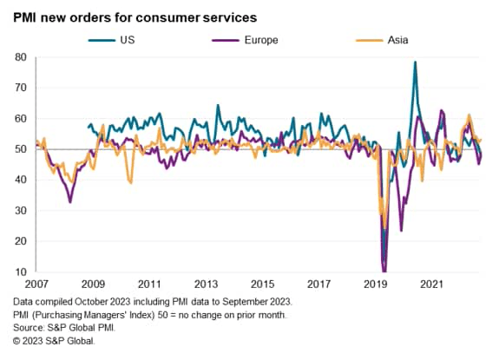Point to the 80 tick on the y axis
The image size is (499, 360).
pos(20,57)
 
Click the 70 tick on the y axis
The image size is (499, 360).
pos(20,88)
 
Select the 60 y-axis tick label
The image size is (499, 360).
pos(20,119)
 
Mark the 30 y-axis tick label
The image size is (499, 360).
pos(20,211)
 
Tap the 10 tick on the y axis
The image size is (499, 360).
pos(20,272)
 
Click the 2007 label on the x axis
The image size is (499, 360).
pos(36,284)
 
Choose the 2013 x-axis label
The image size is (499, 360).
pos(206,284)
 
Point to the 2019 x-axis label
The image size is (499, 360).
pos(375,284)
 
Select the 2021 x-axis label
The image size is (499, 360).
pos(431,284)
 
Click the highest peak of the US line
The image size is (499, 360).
pos(416,62)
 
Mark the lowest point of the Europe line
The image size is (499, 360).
pos(384,271)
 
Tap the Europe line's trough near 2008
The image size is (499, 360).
pos(70,202)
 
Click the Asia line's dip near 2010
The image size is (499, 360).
pos(130,183)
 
